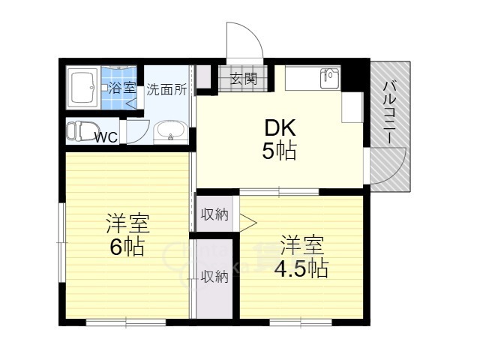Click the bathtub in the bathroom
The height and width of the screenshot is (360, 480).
tap(83, 88)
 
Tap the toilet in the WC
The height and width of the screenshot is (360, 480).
tap(82, 131)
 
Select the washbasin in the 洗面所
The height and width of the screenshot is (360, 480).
tap(170, 132)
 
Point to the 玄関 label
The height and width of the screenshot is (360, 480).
tap(243, 79)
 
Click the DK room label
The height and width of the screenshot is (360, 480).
tap(280, 128)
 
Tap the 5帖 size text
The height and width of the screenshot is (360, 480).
tap(279, 151)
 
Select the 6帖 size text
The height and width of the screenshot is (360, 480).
tap(127, 247)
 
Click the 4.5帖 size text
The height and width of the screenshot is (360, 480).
tap(301, 268)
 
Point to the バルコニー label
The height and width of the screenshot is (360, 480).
tap(390, 112)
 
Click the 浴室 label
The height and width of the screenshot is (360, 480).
tap(121, 88)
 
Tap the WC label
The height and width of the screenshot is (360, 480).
tap(106, 137)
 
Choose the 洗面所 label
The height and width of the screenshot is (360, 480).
tap(166, 90)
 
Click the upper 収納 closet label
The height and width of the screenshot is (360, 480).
tap(214, 214)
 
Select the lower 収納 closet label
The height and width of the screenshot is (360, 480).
tap(214, 277)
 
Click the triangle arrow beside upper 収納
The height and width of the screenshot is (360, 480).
tap(247, 223)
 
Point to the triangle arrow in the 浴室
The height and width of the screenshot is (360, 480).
tap(132, 103)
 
